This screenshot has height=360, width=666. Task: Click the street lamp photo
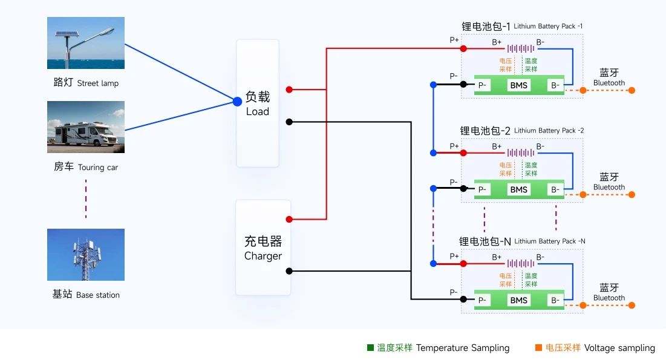86,43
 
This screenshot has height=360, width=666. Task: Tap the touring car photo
86,127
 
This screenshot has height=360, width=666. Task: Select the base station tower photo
86,254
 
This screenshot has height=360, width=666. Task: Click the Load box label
258,103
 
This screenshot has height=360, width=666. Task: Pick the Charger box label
263,248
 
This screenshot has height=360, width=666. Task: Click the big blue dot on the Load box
238,102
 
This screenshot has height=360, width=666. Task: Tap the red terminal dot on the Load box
289,90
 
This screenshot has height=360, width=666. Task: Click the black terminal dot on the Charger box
289,271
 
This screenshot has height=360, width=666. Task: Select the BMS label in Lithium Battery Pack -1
518,85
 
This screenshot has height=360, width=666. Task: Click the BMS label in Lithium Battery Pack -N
518,300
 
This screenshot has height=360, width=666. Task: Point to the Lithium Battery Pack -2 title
521,131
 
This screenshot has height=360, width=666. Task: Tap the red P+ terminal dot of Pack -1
463,48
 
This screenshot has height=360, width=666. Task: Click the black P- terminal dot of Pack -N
463,299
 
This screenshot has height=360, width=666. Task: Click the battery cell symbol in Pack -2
520,153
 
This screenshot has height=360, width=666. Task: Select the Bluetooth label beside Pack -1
609,78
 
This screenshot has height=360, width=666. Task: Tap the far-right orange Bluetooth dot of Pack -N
632,305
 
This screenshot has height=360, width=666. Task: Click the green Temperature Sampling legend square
370,348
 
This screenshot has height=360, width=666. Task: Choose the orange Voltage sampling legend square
538,348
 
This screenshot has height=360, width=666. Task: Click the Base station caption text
86,295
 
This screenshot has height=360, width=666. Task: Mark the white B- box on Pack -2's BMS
555,189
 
